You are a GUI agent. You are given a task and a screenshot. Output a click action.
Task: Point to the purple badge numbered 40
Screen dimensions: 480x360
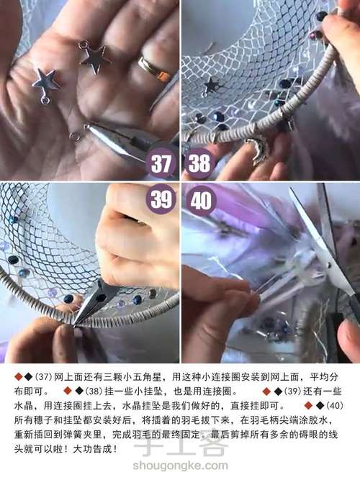click(x=198, y=199)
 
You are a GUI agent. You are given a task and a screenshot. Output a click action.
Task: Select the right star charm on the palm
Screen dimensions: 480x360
click(x=94, y=57)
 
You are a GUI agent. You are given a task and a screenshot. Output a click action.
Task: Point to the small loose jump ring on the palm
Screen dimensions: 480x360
click(x=74, y=135)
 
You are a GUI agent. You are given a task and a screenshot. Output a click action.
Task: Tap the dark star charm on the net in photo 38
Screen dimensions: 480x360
click(x=211, y=86)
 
